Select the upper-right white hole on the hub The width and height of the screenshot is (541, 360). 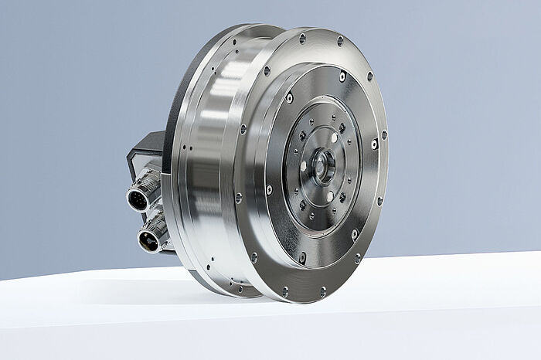(x=335, y=138)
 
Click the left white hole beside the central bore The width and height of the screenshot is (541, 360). (x=304, y=165)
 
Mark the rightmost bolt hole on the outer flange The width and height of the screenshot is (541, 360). (x=384, y=135)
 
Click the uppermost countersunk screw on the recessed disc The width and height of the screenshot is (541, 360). (x=342, y=76)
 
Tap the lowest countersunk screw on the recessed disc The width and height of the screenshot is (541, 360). (x=302, y=256)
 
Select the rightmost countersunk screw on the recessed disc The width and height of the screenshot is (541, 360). (x=374, y=144)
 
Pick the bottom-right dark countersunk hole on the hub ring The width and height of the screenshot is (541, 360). (x=342, y=197)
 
